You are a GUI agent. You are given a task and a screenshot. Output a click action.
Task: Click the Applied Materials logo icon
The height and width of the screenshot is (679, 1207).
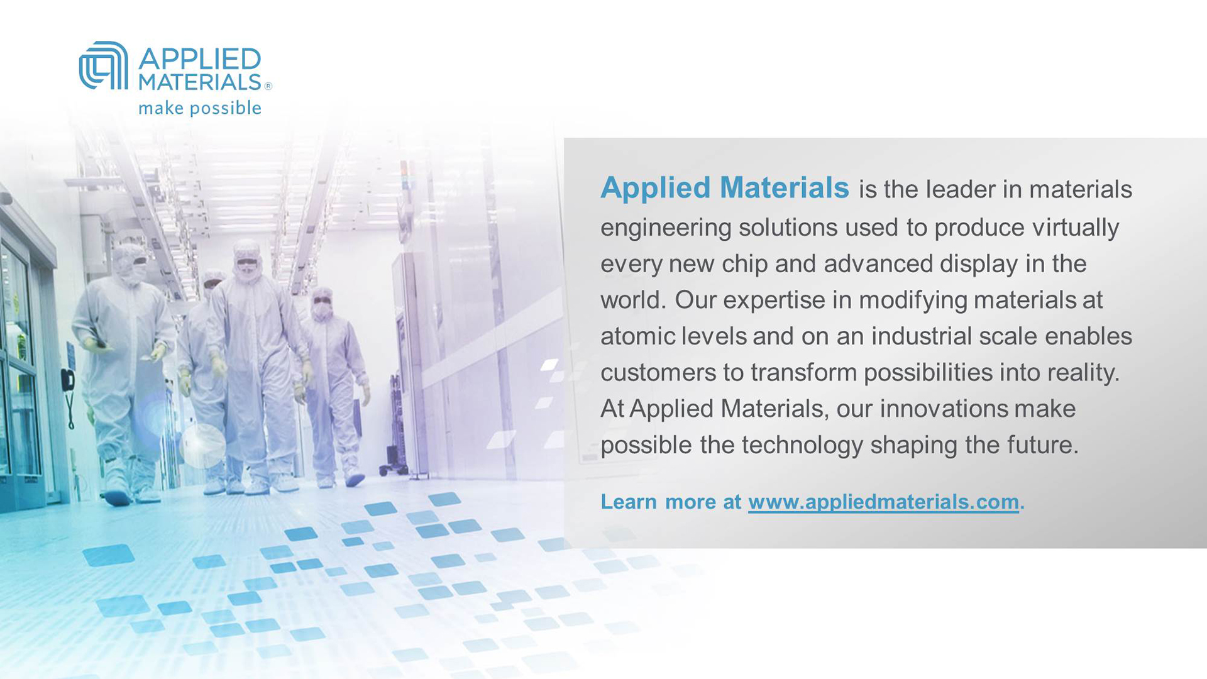click(x=103, y=65)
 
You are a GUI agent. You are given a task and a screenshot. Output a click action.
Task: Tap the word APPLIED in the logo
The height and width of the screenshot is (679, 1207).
click(x=199, y=59)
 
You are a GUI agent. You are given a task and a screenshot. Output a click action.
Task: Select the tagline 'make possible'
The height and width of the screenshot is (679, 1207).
click(x=200, y=108)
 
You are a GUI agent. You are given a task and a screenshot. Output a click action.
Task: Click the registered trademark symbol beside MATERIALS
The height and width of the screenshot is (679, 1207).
click(x=268, y=86)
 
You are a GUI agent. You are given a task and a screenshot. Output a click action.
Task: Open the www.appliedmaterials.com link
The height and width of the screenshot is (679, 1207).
click(x=883, y=502)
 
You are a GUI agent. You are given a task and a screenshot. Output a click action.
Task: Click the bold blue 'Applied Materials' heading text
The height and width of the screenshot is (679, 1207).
click(x=725, y=187)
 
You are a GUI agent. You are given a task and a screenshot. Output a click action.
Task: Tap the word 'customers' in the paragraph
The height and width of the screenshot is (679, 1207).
click(x=658, y=373)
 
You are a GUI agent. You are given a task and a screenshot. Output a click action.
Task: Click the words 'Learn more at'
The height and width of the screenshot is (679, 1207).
click(x=671, y=502)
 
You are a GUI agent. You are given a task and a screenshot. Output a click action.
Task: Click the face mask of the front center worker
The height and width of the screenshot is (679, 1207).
click(x=248, y=269)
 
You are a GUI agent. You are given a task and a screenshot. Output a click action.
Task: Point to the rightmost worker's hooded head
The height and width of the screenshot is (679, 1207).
click(x=322, y=304)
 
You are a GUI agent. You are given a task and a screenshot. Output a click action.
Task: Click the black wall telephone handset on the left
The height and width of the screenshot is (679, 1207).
click(x=67, y=380)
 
